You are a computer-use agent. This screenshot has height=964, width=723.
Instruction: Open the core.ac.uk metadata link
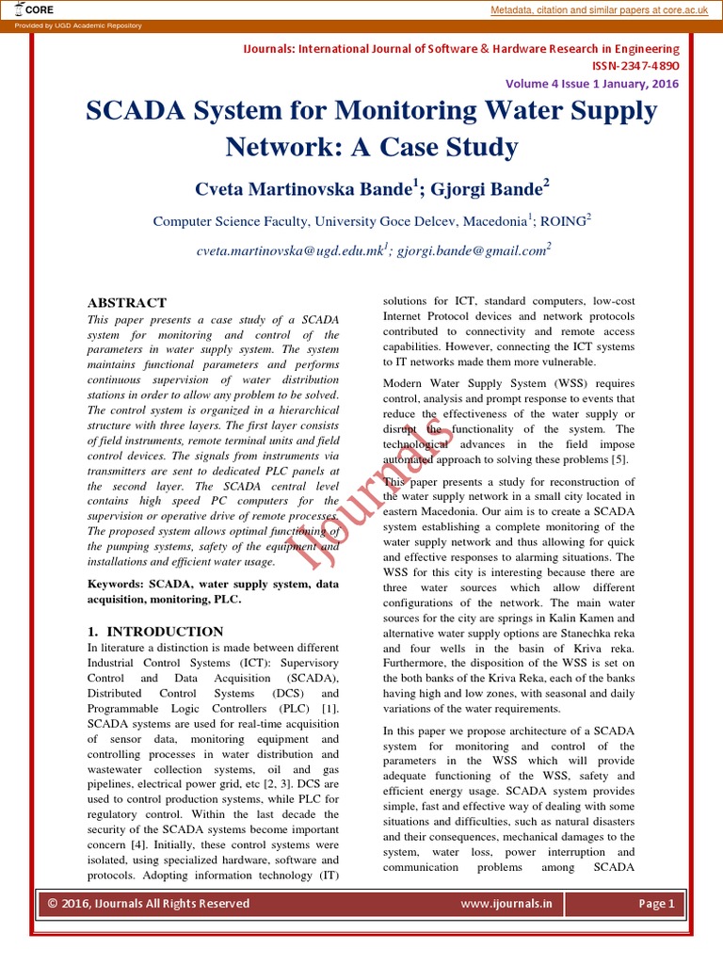603,9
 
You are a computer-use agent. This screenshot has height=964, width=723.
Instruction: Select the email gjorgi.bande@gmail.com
471,251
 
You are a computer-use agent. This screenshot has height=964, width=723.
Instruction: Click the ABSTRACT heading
126,303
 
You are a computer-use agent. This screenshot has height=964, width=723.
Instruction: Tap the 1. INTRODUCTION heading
155,632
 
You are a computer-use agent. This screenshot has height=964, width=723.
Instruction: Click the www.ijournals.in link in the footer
506,904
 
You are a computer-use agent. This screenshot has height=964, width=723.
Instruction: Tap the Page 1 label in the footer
656,904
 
